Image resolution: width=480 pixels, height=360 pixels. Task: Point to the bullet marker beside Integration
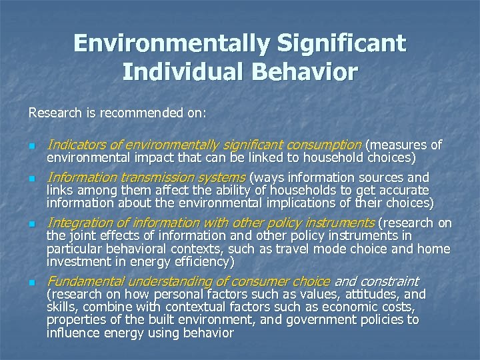[31, 223]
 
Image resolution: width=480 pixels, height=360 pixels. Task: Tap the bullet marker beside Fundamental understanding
[31, 283]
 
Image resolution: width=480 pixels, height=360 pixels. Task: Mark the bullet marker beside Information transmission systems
[31, 179]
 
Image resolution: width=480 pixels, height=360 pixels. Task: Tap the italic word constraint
[387, 281]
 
